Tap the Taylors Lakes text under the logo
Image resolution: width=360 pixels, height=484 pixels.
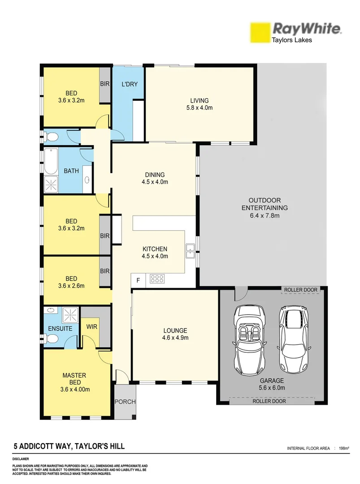(x=292, y=40)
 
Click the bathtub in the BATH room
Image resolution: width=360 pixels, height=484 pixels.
(x=51, y=162)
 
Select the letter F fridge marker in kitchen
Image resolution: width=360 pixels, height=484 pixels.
(x=138, y=281)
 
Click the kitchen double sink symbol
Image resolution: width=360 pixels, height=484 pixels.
(x=190, y=251)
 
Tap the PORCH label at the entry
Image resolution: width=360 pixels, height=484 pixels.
(x=125, y=402)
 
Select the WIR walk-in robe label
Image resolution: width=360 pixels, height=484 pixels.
(x=92, y=328)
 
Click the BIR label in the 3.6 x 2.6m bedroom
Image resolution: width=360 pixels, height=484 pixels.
(x=105, y=271)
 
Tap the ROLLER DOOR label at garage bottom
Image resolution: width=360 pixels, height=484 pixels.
(x=269, y=401)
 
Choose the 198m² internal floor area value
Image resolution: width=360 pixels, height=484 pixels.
(x=344, y=448)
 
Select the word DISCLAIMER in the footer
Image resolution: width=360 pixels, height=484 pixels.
(x=21, y=459)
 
